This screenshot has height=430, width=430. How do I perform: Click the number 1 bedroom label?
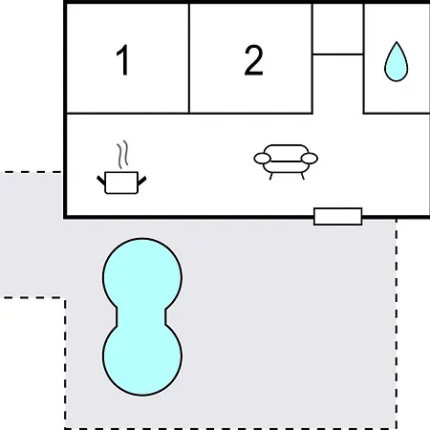(x=122, y=60)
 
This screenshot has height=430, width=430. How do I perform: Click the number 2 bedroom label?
(x=253, y=60)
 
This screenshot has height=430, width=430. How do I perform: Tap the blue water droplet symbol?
(x=396, y=61)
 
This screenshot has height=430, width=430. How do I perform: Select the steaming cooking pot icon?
(x=121, y=167)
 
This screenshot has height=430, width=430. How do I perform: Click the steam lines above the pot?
(x=122, y=155)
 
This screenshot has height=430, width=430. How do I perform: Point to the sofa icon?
(x=286, y=161)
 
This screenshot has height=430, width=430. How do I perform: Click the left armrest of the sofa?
(x=263, y=159)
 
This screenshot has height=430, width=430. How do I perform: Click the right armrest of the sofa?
(x=310, y=159)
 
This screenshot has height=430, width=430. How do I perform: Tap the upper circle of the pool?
(x=142, y=275)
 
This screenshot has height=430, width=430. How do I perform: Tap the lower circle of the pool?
(x=142, y=358)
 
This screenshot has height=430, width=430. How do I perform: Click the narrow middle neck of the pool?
(x=141, y=317)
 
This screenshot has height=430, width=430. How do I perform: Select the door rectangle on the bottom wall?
(x=338, y=217)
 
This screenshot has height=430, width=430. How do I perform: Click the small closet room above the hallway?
(x=338, y=30)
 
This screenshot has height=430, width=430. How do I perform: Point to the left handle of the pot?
(x=101, y=181)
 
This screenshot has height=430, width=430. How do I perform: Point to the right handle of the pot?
(x=141, y=181)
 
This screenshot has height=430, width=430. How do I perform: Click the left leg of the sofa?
(x=270, y=176)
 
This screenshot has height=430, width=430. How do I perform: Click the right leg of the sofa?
(x=303, y=176)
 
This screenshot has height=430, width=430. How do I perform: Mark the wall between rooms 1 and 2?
(x=189, y=58)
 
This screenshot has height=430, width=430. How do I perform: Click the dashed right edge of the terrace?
(x=397, y=323)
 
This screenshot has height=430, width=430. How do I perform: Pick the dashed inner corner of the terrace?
(x=65, y=298)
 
